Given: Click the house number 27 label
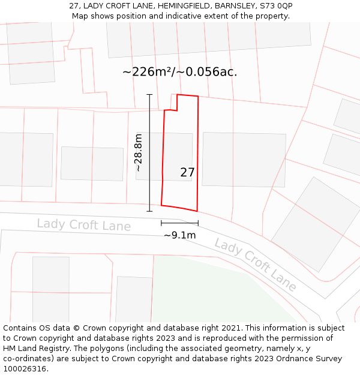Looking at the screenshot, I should point(187,172).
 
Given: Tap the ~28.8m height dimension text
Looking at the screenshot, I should point(139,152).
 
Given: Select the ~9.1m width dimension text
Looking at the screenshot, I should point(179,235).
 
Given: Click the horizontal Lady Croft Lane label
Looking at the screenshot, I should point(83,225).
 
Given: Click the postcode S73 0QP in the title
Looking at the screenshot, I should point(276,6).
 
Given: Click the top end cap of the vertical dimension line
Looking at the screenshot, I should point(149,94).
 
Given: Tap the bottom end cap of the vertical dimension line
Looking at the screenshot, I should point(149,211).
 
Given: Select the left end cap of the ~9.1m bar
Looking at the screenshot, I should point(161,223).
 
